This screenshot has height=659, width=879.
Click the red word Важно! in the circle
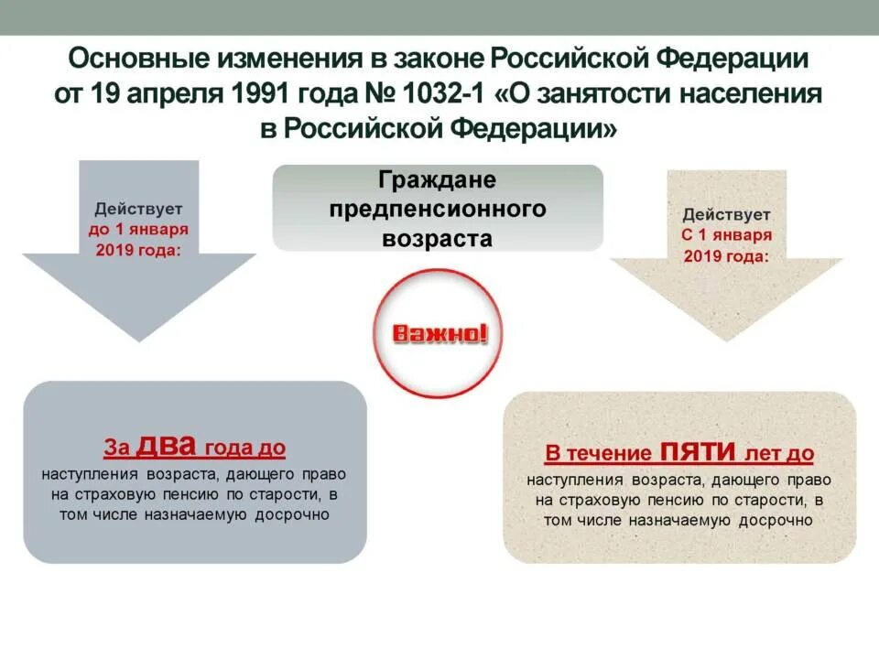tap(439, 333)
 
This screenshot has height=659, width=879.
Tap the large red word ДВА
tap(166, 445)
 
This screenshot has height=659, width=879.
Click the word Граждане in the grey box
tap(438, 180)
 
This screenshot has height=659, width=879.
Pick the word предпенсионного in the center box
tap(438, 209)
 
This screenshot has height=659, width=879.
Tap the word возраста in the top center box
tap(438, 238)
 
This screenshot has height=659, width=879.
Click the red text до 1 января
tap(138, 229)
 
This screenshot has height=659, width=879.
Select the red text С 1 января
tap(726, 235)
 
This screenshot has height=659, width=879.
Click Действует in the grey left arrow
tap(138, 209)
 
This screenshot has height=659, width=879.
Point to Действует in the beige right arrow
tap(726, 215)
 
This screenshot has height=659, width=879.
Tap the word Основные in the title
tap(136, 59)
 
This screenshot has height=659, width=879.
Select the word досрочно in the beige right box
tap(773, 520)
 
